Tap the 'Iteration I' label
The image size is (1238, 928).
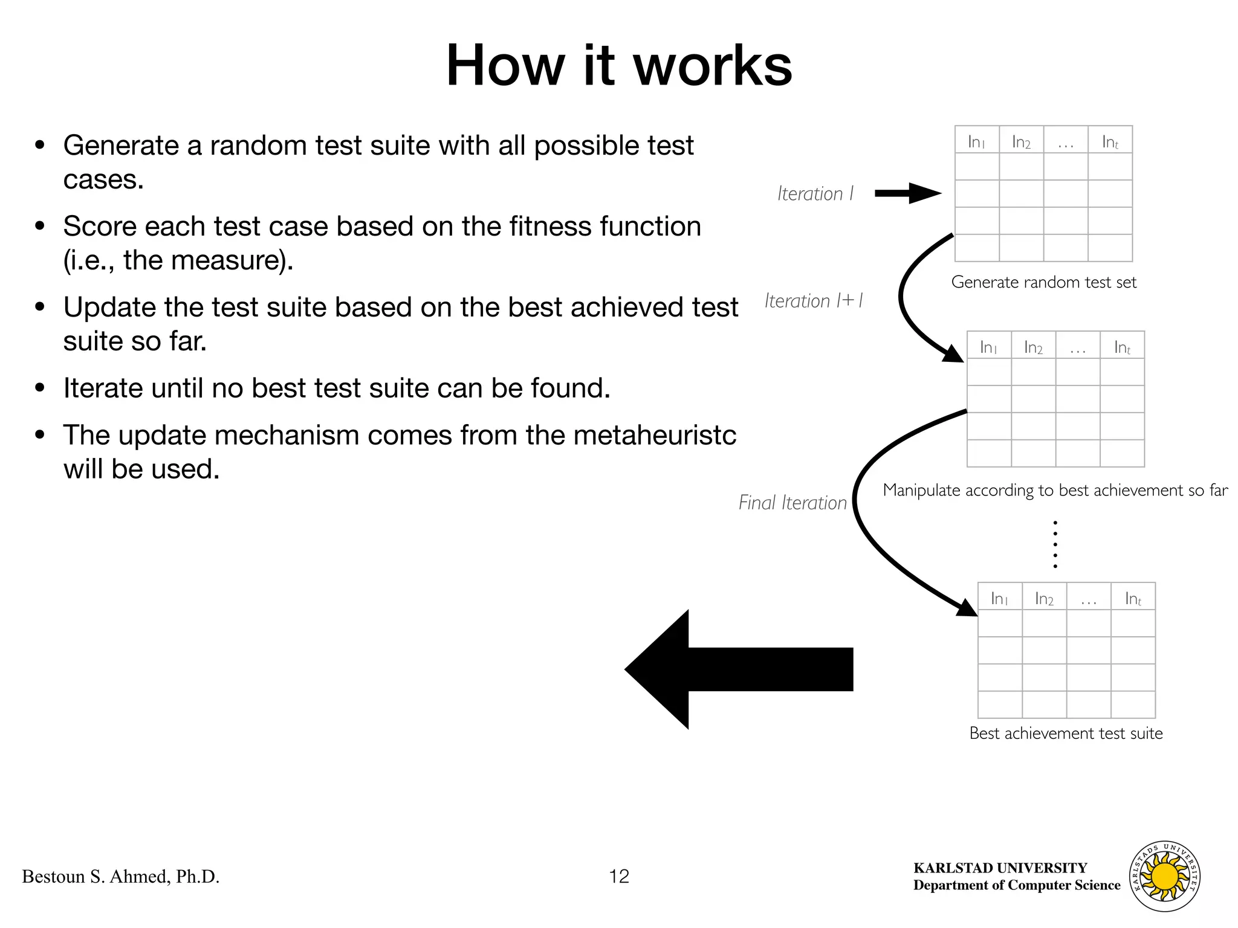click(x=815, y=194)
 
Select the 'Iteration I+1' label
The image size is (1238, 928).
click(x=814, y=301)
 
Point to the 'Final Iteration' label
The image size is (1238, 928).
click(x=792, y=503)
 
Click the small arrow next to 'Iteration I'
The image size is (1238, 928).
click(x=908, y=193)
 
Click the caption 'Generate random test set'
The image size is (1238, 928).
click(x=1043, y=282)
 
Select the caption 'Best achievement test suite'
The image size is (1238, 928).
click(x=1066, y=733)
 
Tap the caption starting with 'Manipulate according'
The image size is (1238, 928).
click(x=1055, y=490)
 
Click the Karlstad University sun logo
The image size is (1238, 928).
click(x=1164, y=876)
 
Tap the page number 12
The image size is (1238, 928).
click(x=619, y=876)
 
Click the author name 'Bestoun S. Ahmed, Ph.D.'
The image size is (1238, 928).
click(x=121, y=877)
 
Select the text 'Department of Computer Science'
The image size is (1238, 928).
click(x=1017, y=885)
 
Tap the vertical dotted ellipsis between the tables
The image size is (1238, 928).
click(x=1055, y=544)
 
